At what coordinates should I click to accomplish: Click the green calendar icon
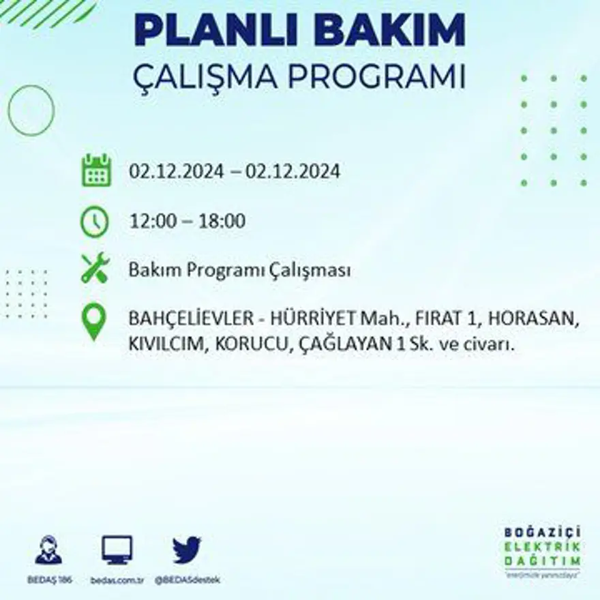(96, 170)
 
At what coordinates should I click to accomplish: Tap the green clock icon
(95, 222)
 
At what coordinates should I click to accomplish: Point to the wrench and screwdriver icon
(95, 268)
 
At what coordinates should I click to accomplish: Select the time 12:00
(150, 222)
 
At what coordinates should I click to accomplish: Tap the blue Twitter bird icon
(187, 550)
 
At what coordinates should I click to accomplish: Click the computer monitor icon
(117, 550)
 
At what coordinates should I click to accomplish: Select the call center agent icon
(48, 550)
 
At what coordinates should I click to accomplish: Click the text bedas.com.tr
(117, 580)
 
